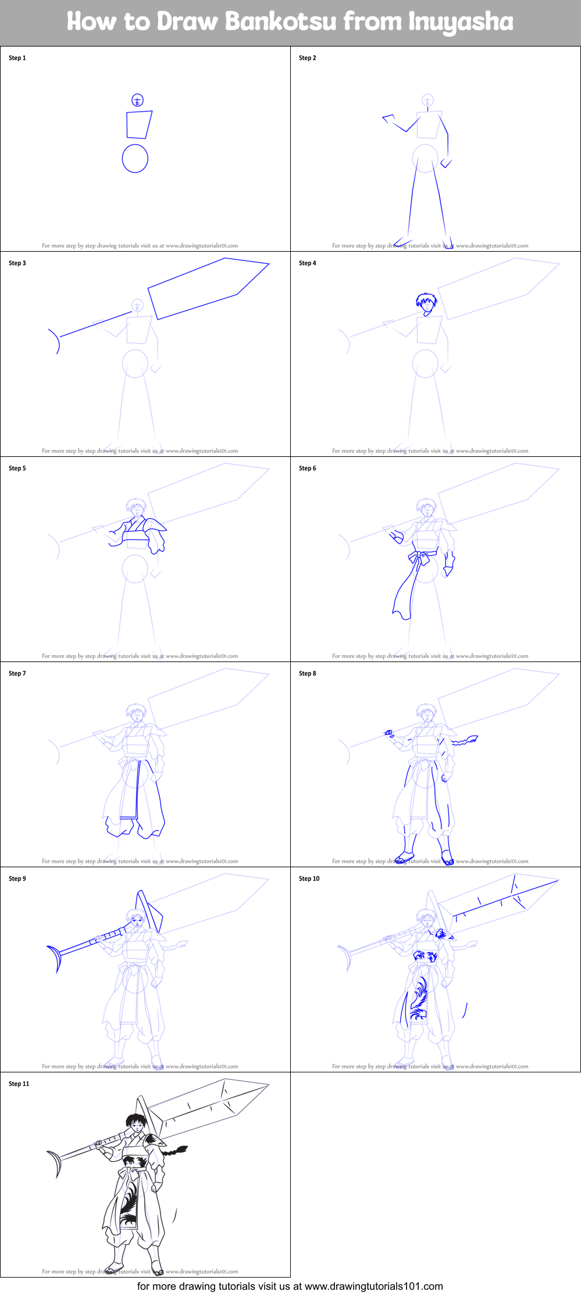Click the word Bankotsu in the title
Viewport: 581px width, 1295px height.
280,22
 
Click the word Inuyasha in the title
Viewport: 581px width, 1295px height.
461,22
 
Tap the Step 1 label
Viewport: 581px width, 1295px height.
17,58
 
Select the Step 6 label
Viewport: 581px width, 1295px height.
307,468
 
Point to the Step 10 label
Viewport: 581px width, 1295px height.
309,878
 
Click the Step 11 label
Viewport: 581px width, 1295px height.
19,1083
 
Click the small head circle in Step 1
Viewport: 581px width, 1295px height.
137,100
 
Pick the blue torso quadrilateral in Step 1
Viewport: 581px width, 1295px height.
139,124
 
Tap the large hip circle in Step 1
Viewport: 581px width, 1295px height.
135,158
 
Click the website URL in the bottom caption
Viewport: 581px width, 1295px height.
373,1286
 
